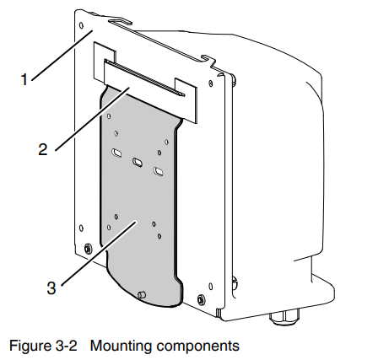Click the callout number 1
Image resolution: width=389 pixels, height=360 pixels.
(24, 79)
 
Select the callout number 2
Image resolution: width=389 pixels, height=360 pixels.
(43, 149)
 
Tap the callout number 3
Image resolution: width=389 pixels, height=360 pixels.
(51, 288)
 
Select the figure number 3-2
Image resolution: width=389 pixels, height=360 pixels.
(65, 346)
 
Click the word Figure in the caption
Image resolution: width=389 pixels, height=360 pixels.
(29, 346)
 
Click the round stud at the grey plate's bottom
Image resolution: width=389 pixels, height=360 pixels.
(142, 295)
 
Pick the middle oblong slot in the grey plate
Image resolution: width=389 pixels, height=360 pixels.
(138, 162)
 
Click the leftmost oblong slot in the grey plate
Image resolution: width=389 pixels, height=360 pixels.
(116, 153)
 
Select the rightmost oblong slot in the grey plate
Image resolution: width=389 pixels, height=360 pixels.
(159, 171)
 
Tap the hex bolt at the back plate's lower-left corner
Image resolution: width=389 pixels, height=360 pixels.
(88, 249)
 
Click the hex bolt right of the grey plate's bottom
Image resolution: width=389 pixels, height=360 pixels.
(201, 299)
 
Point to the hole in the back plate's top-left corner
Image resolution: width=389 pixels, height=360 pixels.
(81, 26)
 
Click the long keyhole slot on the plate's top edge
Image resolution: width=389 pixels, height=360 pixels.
(121, 23)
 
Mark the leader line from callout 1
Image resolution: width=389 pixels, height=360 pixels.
(62, 56)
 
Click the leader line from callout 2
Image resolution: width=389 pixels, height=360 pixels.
(92, 119)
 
